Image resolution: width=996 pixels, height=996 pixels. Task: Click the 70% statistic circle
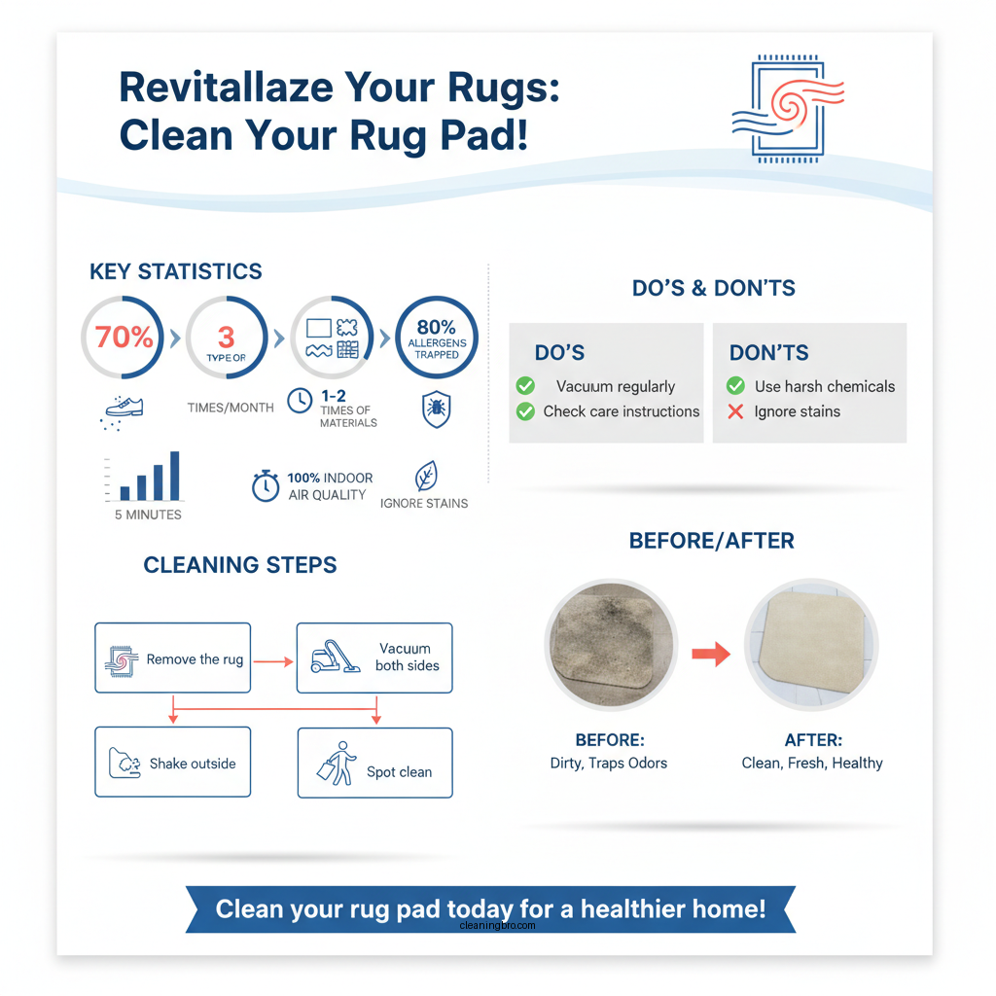[124, 338]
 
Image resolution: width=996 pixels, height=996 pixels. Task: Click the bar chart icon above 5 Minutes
[149, 477]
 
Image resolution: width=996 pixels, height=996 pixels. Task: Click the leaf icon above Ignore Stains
[425, 477]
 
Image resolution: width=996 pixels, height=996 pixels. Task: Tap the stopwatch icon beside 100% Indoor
[266, 486]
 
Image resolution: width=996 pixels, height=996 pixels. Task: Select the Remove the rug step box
[173, 658]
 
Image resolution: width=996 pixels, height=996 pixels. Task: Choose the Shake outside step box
[173, 763]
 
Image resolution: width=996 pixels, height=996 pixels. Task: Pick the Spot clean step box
[374, 763]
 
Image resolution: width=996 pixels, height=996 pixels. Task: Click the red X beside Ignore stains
[736, 411]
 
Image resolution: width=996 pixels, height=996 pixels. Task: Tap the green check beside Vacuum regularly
[525, 386]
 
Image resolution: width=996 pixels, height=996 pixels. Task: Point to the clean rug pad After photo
[811, 650]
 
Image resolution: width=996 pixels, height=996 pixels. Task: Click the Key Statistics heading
[176, 271]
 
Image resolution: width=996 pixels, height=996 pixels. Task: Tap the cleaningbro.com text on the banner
[497, 927]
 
